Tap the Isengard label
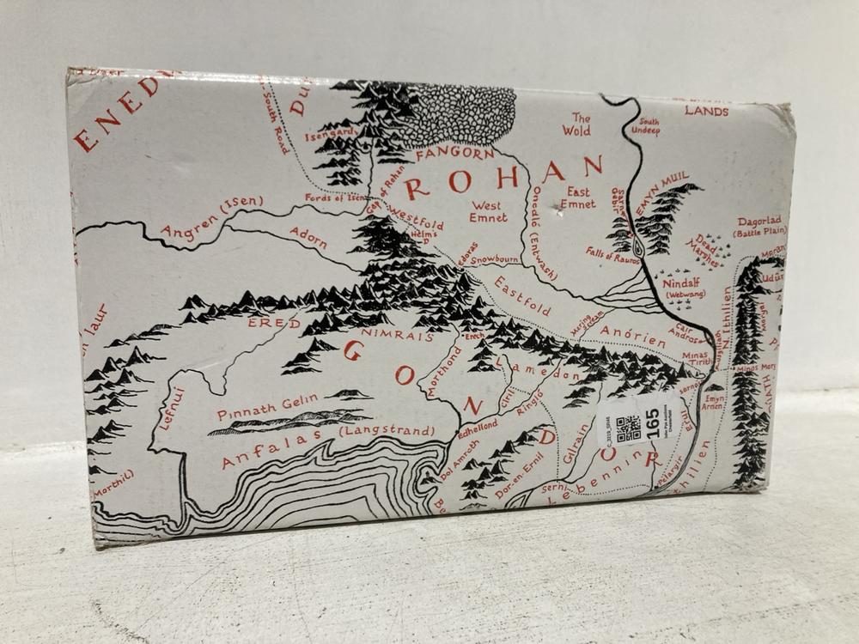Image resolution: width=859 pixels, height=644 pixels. click(330, 134)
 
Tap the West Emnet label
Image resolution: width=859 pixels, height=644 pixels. click(488, 211)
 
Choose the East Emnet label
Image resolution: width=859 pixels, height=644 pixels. click(577, 198)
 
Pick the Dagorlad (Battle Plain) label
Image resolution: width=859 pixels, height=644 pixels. click(761, 226)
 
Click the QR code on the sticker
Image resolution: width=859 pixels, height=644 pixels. click(629, 427)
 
